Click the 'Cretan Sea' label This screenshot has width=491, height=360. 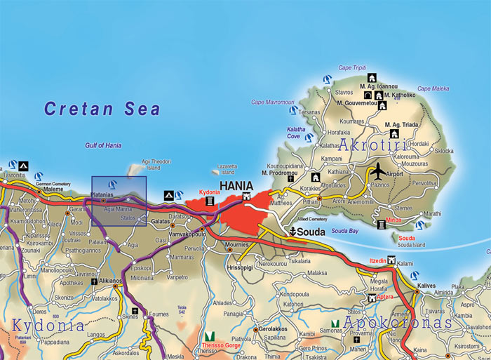coord(102,109)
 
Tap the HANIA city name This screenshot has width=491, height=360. coord(236,186)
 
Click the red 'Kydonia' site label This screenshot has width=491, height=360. coord(209,192)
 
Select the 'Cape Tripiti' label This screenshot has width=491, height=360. coord(354,67)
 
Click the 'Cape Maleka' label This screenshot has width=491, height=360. coord(434,88)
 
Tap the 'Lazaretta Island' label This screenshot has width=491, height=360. coord(227,169)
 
